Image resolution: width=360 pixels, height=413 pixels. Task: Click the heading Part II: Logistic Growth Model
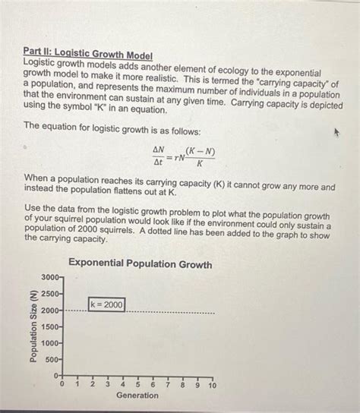click(87, 55)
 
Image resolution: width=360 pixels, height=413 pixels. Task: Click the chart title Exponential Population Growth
click(141, 265)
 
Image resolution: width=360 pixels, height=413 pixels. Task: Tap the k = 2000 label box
click(106, 305)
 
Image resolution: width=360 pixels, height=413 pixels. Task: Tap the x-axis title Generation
click(137, 396)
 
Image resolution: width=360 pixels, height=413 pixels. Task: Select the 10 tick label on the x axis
click(213, 386)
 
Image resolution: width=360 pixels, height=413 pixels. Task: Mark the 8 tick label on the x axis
click(183, 386)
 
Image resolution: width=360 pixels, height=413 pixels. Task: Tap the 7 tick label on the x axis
click(168, 386)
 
